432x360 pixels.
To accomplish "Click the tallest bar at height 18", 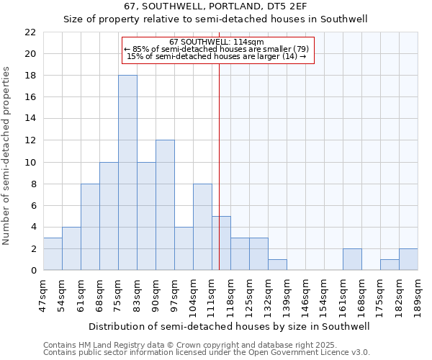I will click(x=127, y=173).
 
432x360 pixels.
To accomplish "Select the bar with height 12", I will click(x=165, y=205).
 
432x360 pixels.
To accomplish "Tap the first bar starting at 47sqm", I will click(x=53, y=254).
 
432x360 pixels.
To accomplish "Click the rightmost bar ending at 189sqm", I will click(x=408, y=259).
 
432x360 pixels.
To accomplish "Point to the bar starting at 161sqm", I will click(x=352, y=259).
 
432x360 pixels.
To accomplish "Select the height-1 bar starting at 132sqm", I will click(x=277, y=265).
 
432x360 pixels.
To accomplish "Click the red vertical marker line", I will click(x=219, y=144).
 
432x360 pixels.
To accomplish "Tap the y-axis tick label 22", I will click(x=30, y=32).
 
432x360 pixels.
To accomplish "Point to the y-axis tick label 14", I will click(x=30, y=119).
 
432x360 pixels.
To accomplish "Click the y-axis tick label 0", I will click(x=33, y=271).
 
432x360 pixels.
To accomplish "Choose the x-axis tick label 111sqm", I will click(x=212, y=294).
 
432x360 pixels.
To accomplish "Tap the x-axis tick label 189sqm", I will click(x=418, y=294).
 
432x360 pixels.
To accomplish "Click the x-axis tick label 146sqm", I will click(x=305, y=294).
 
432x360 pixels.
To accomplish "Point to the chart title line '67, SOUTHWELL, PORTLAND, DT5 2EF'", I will click(x=215, y=6).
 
